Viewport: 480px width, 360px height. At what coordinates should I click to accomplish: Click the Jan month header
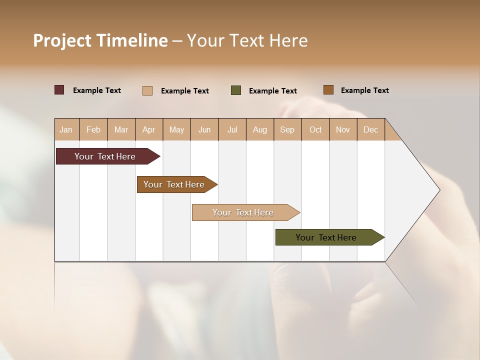pos(66,129)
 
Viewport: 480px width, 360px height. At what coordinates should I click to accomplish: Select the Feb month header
pos(93,129)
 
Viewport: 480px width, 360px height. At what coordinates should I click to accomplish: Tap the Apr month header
pos(149,129)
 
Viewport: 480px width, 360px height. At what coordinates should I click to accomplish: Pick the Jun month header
pos(204,129)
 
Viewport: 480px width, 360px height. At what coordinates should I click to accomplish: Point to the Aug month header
pos(260,129)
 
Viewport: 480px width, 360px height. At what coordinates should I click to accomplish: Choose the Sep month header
pos(287,129)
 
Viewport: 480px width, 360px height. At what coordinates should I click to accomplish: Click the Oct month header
pos(315,129)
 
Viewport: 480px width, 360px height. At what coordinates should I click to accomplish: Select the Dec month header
pos(371,129)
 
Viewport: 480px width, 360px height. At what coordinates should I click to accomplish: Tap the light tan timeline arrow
pos(244,212)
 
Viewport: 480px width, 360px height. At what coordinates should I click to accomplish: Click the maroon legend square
pos(59,90)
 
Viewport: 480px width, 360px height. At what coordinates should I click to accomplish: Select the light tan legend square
pos(147,90)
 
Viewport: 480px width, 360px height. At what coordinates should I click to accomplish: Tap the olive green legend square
pos(236,90)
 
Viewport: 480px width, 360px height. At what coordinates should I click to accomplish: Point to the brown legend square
pos(328,90)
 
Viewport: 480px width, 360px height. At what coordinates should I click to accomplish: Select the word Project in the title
pos(61,40)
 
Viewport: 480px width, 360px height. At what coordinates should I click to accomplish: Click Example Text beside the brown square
pos(364,90)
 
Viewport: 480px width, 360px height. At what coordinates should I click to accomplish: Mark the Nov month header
pos(343,129)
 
